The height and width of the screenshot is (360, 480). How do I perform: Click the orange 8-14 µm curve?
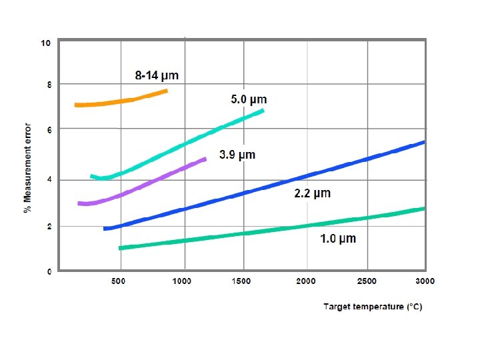click(x=122, y=101)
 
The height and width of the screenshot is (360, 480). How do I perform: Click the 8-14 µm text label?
click(x=157, y=75)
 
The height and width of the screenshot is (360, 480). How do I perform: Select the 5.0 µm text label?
click(x=249, y=99)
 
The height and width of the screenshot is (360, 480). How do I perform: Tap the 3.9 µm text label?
click(x=237, y=155)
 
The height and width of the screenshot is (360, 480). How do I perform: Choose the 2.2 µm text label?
click(x=313, y=193)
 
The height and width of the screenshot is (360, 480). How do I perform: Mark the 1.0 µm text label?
click(x=338, y=239)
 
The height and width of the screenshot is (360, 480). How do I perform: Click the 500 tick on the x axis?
click(x=118, y=281)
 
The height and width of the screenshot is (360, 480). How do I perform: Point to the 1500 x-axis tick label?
click(x=241, y=281)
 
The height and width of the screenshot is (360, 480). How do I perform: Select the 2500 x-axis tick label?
click(x=367, y=281)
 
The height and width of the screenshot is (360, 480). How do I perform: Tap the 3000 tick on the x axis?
click(x=425, y=281)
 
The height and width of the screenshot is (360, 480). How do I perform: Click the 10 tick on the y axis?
click(x=45, y=43)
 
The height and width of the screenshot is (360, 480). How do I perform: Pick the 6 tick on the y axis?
click(x=49, y=130)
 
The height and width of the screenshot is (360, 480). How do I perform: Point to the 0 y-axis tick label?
click(x=49, y=271)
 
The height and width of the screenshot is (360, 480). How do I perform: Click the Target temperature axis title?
click(x=373, y=307)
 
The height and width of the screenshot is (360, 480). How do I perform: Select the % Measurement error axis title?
click(x=27, y=168)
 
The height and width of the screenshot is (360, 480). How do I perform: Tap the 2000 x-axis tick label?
click(x=305, y=281)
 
